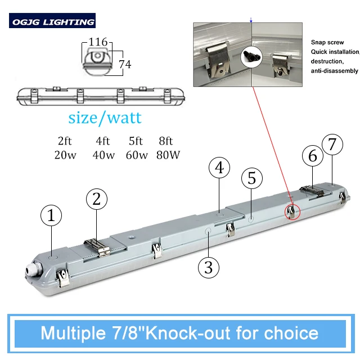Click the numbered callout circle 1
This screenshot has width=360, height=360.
[52, 215]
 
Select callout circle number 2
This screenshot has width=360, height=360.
[96, 199]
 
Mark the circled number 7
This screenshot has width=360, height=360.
[332, 145]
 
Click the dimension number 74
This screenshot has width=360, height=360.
[124, 65]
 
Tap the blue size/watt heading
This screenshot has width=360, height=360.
[105, 118]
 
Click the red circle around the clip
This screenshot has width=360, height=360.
[291, 210]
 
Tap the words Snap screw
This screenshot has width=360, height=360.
[327, 43]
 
